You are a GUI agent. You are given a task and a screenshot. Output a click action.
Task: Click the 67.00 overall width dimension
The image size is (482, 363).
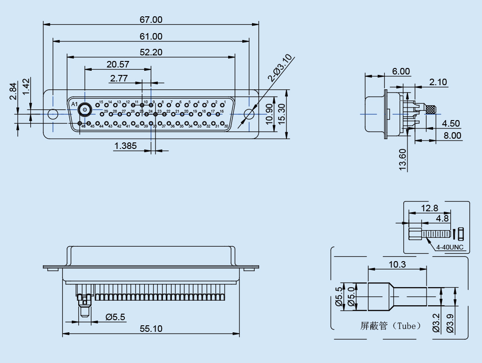(151, 20)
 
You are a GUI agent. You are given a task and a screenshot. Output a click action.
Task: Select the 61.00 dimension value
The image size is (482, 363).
(151, 36)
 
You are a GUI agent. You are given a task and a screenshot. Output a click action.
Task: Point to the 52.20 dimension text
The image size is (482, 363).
(151, 52)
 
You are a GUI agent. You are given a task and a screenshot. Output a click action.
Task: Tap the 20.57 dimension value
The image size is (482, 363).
(118, 64)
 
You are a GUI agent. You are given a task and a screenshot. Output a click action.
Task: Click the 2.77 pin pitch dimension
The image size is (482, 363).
(119, 78)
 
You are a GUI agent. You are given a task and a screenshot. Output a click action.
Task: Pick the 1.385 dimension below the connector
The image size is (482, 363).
(125, 146)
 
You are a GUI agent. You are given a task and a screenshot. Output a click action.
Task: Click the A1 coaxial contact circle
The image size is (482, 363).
(85, 110)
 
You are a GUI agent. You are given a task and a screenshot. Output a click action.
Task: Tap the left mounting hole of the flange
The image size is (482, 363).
(53, 114)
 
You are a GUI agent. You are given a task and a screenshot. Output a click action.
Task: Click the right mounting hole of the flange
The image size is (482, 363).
(249, 114)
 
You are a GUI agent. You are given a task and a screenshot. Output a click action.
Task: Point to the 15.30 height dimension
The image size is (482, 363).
(282, 113)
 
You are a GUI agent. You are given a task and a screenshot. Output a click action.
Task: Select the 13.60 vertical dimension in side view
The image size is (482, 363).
(403, 160)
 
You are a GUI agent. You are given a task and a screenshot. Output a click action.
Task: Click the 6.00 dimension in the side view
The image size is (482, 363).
(401, 71)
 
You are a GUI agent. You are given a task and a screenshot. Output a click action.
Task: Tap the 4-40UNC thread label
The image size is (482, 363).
(450, 247)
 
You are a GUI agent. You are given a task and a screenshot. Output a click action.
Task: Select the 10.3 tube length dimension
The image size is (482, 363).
(397, 264)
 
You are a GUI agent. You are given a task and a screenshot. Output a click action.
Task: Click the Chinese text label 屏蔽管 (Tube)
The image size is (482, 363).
(390, 326)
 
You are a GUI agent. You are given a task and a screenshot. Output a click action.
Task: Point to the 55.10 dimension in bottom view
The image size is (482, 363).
(151, 329)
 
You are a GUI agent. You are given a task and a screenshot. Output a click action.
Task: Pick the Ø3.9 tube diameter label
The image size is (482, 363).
(450, 323)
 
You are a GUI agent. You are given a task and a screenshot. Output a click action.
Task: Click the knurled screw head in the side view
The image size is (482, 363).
(431, 110)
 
